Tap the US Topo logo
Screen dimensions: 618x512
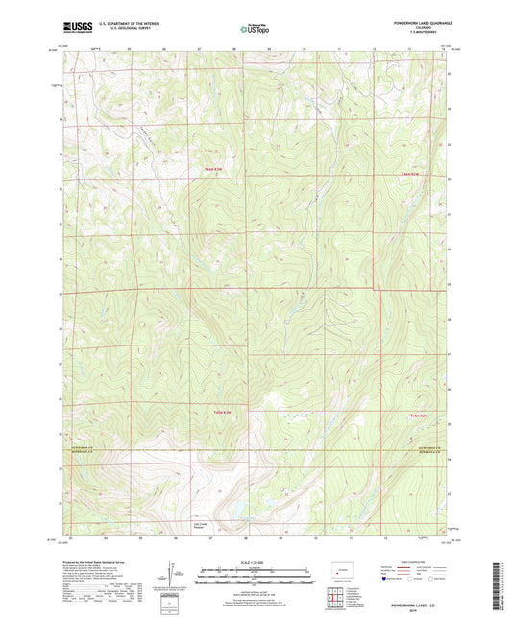click(253, 30)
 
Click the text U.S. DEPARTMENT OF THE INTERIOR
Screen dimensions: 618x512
click(123, 24)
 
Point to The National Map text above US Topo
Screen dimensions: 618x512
click(253, 23)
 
